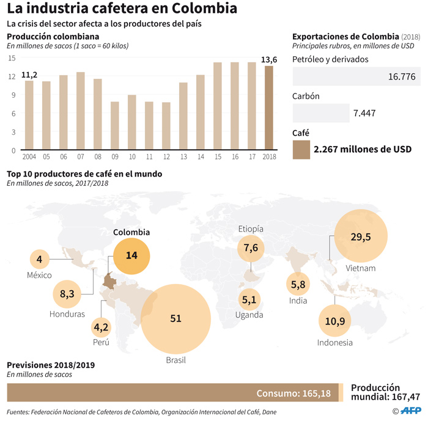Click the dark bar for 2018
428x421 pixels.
coord(269,108)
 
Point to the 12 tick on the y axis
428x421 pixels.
coord(12,76)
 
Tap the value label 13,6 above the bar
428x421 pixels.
coord(269,59)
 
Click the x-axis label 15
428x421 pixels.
coord(217,157)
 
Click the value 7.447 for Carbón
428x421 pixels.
coord(364,113)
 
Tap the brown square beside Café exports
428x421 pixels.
coord(301,149)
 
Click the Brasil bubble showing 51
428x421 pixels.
coord(175,318)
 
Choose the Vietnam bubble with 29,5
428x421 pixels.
coord(360,236)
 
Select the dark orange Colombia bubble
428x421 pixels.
coord(131,255)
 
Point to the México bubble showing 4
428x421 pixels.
coord(39,259)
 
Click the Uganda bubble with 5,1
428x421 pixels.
coord(249,300)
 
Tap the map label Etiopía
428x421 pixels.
coord(251,229)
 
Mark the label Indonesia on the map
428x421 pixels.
coord(334,343)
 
